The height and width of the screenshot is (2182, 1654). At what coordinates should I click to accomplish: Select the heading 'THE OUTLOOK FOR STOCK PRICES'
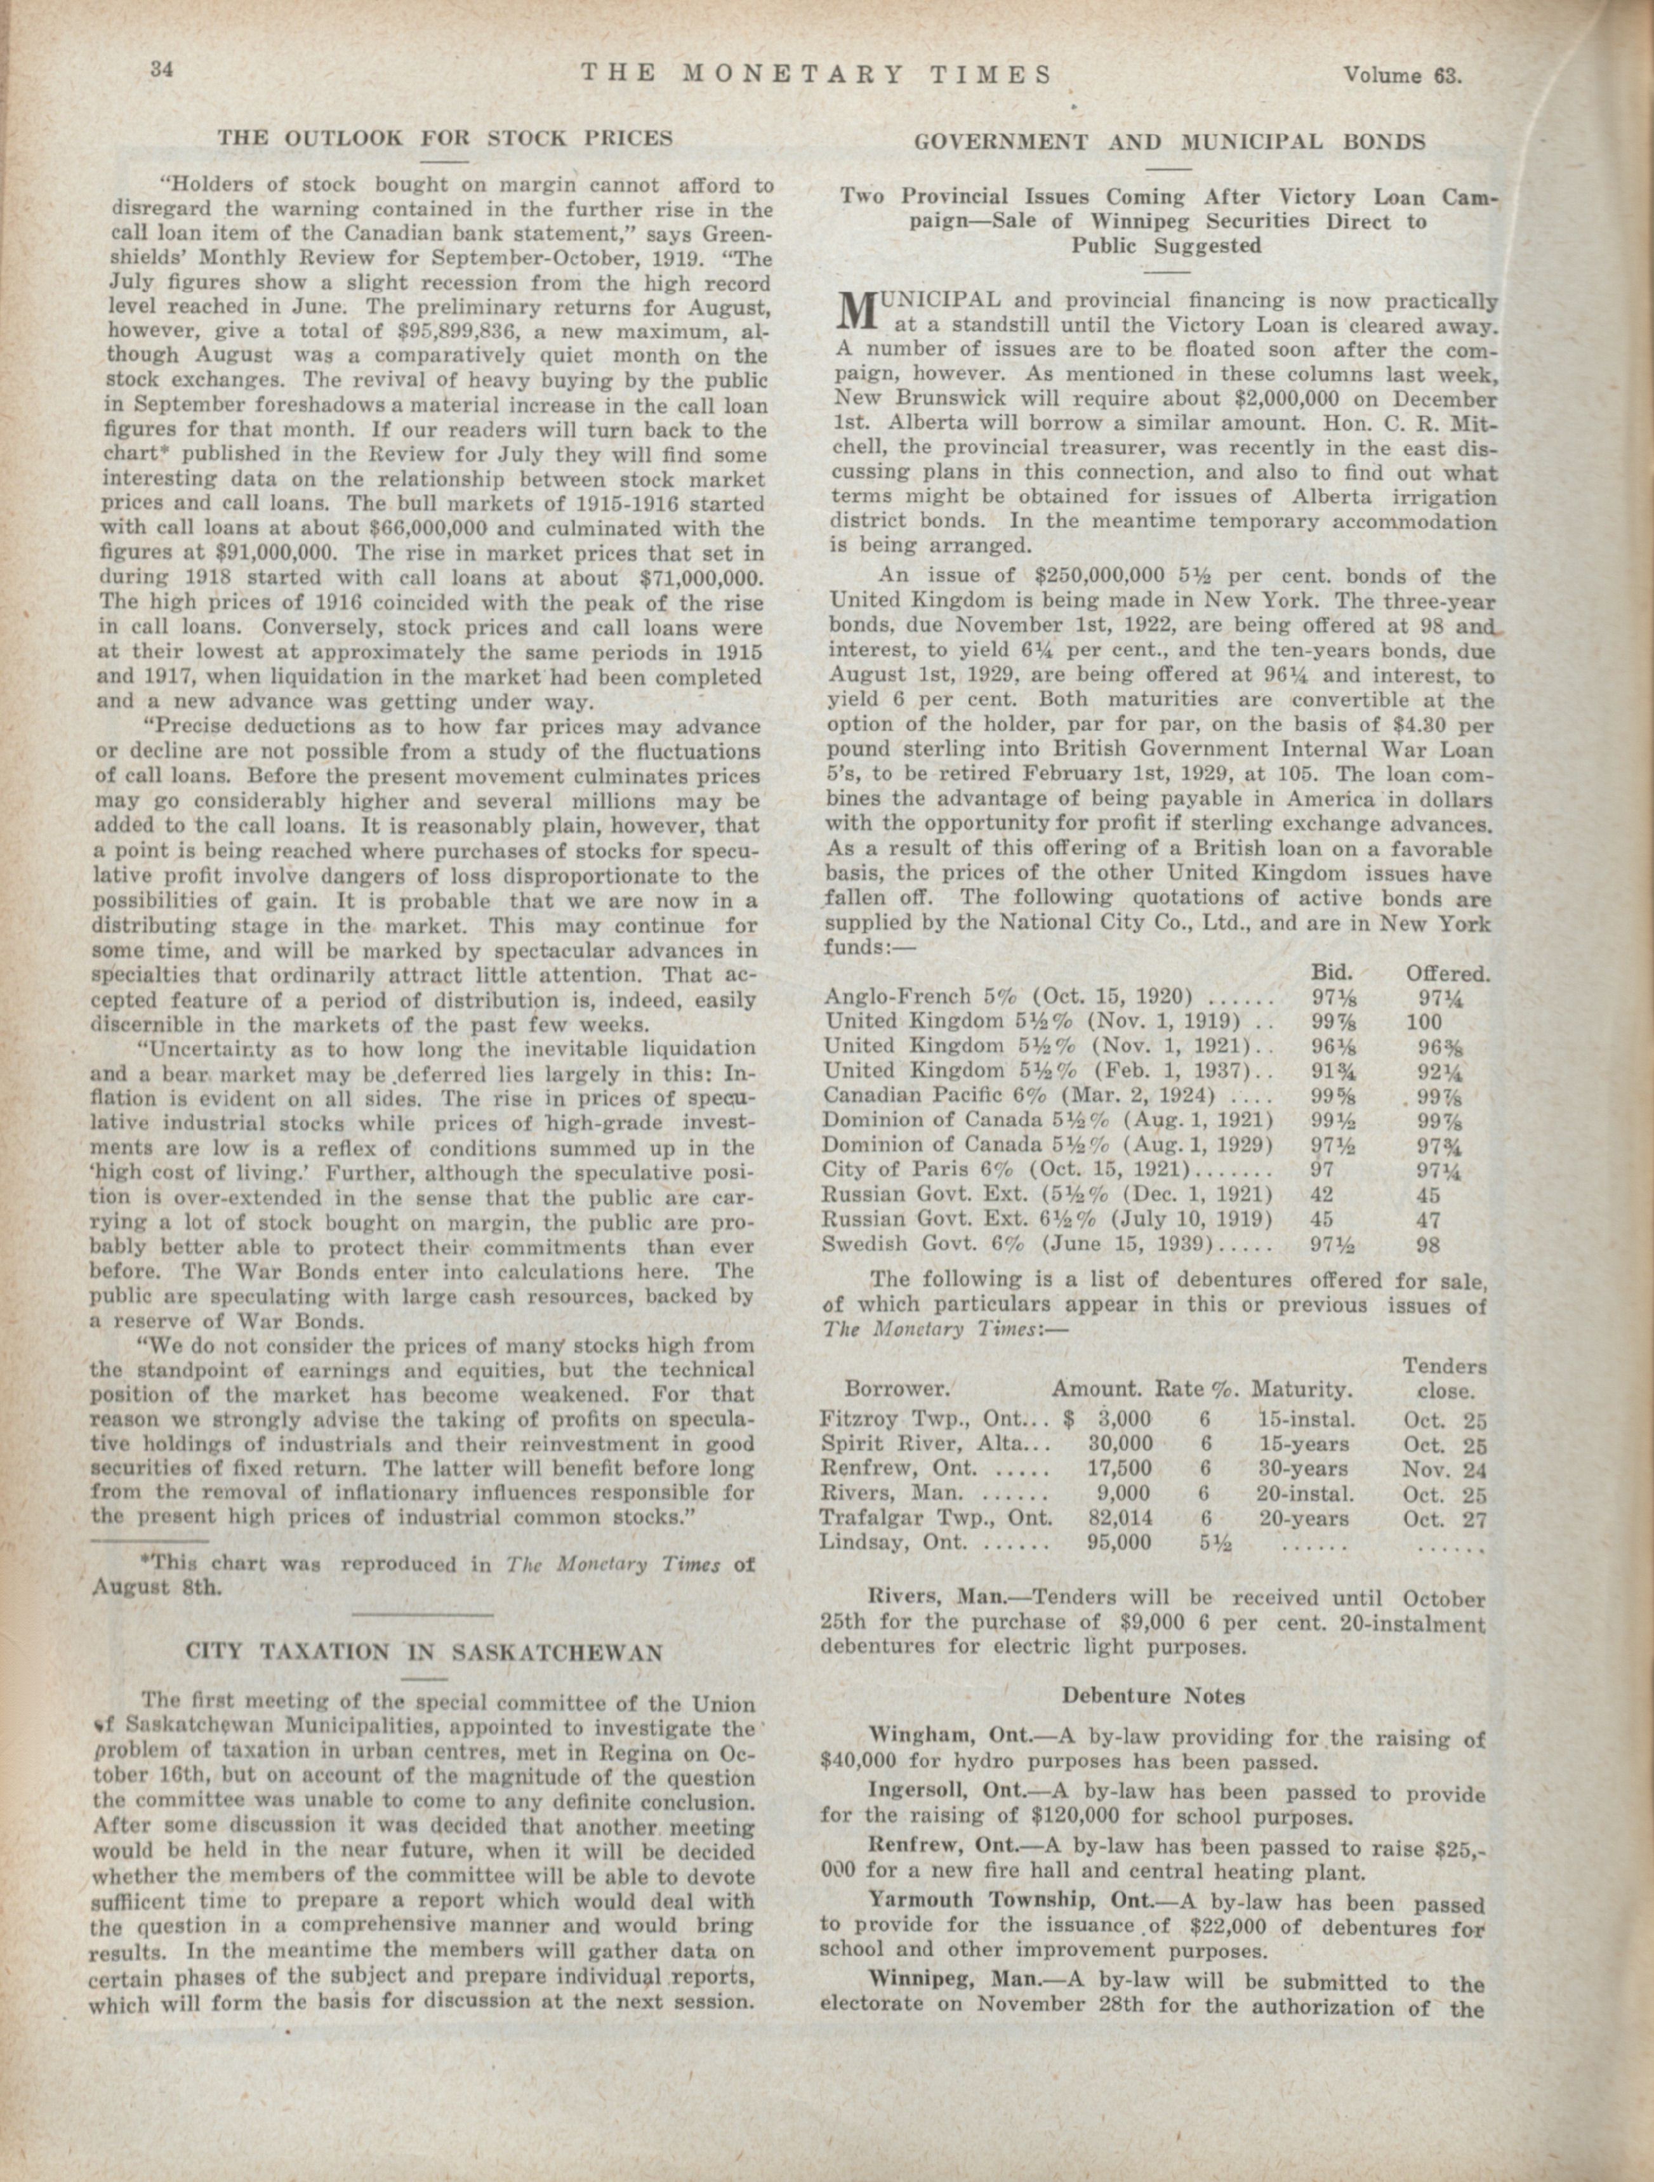click(x=445, y=138)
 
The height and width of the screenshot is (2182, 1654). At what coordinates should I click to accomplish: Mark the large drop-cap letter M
click(x=856, y=312)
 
